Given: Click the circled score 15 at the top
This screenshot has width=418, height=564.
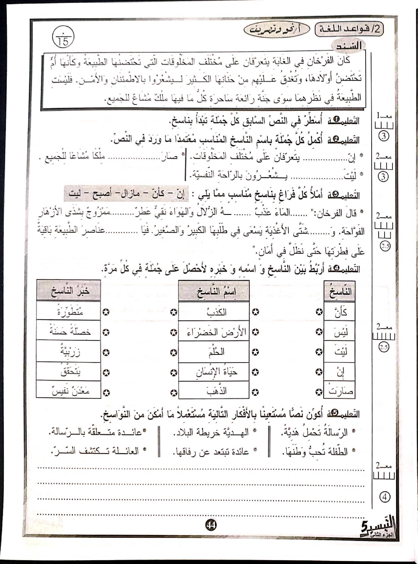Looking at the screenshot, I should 63,39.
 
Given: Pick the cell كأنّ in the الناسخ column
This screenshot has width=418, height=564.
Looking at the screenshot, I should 340,312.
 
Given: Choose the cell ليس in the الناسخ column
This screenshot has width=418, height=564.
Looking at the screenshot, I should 340,332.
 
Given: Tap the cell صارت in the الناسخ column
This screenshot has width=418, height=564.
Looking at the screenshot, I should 340,391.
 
